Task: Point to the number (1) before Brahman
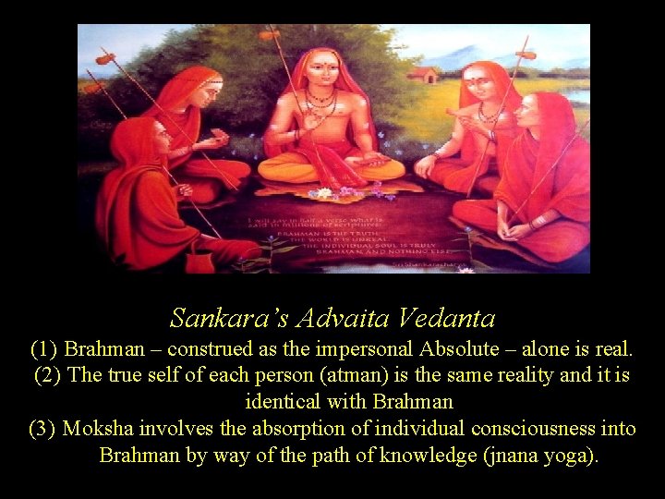[x=43, y=350]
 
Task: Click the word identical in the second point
[x=280, y=402]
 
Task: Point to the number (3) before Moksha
[x=43, y=429]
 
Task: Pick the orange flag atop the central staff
[x=270, y=36]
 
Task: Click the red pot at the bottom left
[x=199, y=260]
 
